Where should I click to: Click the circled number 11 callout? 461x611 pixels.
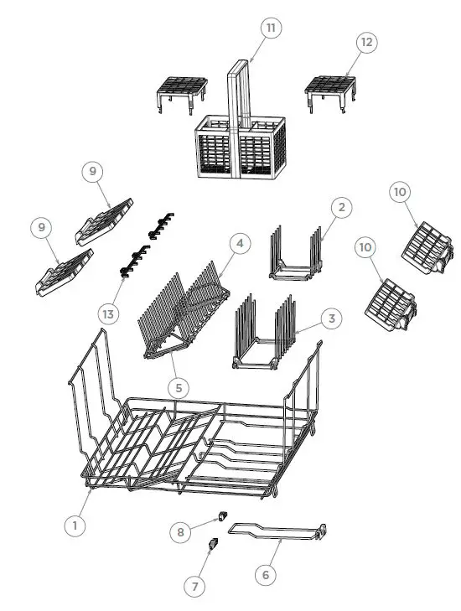pyautogui.click(x=270, y=28)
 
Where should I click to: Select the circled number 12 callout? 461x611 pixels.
pyautogui.click(x=365, y=41)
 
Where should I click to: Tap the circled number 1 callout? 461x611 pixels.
pyautogui.click(x=75, y=525)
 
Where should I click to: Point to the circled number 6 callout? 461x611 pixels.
pyautogui.click(x=265, y=575)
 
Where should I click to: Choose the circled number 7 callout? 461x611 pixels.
pyautogui.click(x=194, y=588)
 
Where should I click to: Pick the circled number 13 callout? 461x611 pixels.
pyautogui.click(x=108, y=313)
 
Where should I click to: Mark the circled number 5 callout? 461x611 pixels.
pyautogui.click(x=178, y=388)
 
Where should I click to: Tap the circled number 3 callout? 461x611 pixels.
pyautogui.click(x=332, y=318)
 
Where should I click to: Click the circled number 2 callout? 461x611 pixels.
pyautogui.click(x=339, y=207)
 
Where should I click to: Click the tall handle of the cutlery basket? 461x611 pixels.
pyautogui.click(x=239, y=92)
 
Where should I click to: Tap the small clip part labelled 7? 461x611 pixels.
pyautogui.click(x=212, y=545)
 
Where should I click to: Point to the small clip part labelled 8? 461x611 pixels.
pyautogui.click(x=223, y=514)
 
